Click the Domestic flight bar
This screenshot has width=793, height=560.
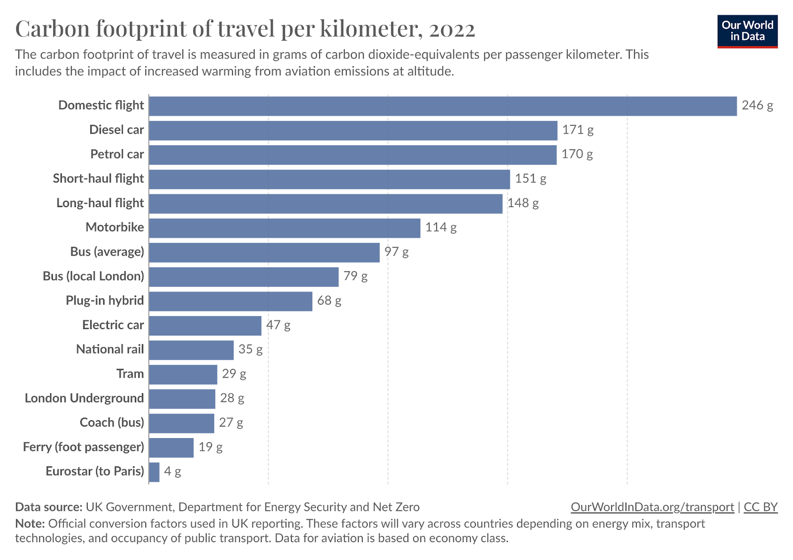(443, 106)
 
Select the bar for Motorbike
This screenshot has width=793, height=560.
(284, 228)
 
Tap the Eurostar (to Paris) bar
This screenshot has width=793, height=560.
(154, 472)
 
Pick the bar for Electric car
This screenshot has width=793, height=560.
(205, 326)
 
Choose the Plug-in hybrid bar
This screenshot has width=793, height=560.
(231, 301)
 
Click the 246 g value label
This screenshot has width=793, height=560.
(757, 106)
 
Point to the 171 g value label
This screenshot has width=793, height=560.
(578, 130)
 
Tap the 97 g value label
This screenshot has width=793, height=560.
(396, 252)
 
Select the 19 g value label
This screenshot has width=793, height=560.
(211, 448)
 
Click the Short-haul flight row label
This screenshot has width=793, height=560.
(99, 178)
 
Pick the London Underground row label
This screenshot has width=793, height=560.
(84, 398)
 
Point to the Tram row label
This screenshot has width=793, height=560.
(130, 374)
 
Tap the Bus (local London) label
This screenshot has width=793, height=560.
(94, 276)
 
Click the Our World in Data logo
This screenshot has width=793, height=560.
(747, 31)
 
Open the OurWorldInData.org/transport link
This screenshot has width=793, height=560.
(652, 507)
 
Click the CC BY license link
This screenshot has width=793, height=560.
(761, 507)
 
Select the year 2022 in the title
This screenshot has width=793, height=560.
(452, 30)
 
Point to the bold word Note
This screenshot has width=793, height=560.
(30, 523)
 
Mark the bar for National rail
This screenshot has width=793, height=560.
(191, 350)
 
